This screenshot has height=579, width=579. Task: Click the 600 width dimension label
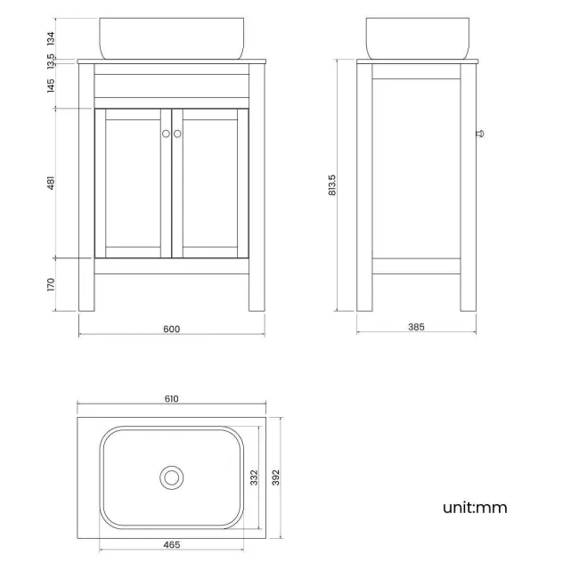tap(172, 329)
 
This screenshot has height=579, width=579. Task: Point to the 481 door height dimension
tap(51, 183)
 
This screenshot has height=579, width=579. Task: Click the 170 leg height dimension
tap(51, 284)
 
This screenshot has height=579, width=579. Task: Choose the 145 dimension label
tap(51, 86)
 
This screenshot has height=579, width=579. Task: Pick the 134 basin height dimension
tap(51, 37)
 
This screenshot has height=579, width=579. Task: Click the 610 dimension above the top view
tap(172, 399)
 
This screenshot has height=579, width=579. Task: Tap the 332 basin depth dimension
tap(253, 478)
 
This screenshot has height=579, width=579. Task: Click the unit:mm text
tap(475, 508)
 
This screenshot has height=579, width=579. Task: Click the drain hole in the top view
tap(171, 477)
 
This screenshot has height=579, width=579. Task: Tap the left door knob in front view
tap(166, 134)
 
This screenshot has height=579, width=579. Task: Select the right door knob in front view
tap(177, 134)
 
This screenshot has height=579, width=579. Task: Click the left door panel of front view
tap(133, 183)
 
